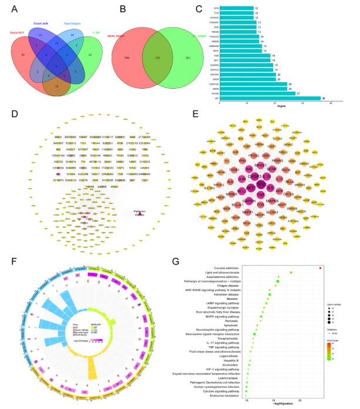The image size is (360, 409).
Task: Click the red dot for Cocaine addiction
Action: (x=320, y=268)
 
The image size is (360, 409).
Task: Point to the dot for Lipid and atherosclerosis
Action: (x=290, y=272)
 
